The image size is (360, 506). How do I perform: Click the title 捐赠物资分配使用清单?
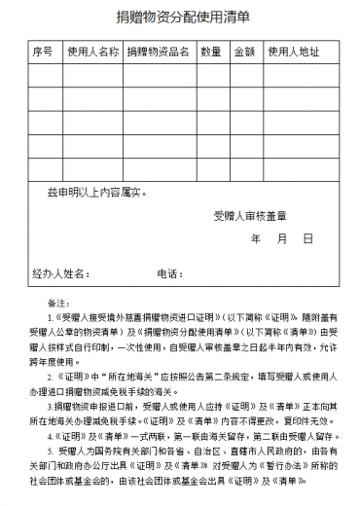coord(180,17)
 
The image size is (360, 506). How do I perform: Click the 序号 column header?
coord(42,51)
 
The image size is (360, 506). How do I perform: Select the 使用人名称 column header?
coord(92,51)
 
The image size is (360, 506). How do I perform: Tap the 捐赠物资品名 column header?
coord(158,51)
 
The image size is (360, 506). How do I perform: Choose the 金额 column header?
coord(244,51)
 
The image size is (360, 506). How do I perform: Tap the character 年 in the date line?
coord(256,238)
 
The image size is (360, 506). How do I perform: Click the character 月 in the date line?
coord(281,238)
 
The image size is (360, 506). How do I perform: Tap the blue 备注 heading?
coord(59,302)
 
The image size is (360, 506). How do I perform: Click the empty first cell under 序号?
coord(42,75)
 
